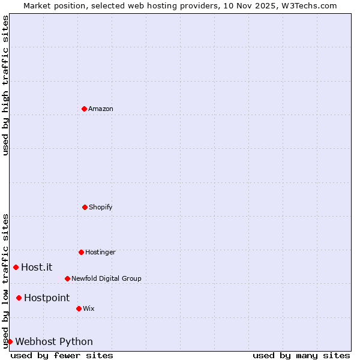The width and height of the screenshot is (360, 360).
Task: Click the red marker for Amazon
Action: coord(84,109)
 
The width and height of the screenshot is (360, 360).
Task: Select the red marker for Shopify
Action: coord(85,207)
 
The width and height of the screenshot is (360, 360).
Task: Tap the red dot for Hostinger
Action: coord(81,252)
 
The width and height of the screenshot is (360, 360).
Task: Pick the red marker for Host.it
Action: coord(16,267)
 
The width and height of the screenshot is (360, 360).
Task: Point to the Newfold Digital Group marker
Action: coord(67,278)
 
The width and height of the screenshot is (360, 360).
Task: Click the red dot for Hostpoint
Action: coord(19,298)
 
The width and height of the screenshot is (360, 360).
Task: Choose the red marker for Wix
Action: coord(79,308)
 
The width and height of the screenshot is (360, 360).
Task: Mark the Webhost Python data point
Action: coord(10,341)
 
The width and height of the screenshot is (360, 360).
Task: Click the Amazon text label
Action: coord(101,109)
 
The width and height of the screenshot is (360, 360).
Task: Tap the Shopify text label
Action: coord(101,207)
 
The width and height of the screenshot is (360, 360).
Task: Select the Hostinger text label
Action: coord(100,252)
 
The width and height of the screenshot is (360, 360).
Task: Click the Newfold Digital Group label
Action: coord(106,278)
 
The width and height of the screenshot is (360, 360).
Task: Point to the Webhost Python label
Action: coord(54,341)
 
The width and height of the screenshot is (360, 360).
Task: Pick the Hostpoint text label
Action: coord(47,298)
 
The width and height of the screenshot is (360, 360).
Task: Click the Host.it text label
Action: coord(37,267)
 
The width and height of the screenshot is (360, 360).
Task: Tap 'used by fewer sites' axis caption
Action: coord(62,355)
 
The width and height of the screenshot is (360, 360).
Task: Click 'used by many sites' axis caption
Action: coord(301,355)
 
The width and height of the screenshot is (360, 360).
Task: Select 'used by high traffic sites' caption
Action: coord(5,86)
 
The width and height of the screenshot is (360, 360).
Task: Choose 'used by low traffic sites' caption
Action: coord(5,281)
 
